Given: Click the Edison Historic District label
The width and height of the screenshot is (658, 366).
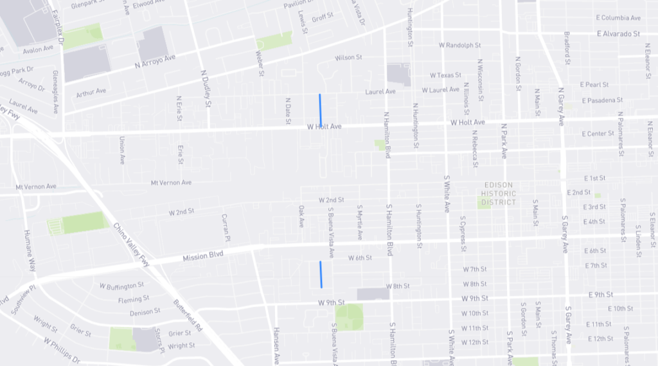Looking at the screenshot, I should pos(499,194).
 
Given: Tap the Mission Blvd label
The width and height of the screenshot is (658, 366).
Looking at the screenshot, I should pos(202,256).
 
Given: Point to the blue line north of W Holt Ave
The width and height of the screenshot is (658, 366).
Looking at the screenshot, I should pos(320,110).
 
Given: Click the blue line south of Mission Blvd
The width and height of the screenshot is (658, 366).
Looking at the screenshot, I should pos(321,275).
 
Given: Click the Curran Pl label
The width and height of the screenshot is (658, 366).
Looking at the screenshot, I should pos(225,227).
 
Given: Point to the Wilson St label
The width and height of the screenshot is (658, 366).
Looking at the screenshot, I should pos(349,58).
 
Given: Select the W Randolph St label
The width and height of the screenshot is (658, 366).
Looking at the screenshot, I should pos(460,46).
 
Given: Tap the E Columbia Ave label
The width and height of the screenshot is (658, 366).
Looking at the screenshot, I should pos(618,18).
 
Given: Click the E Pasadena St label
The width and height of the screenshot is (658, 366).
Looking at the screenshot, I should pos(602,100).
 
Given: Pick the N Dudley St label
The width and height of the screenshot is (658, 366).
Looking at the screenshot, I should pos(206,88).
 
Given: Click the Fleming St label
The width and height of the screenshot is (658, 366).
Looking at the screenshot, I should pos(134,299).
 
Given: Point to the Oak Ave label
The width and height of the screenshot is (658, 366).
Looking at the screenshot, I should pos(301,216).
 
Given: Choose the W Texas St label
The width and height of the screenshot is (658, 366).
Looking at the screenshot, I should pos(446,75).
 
